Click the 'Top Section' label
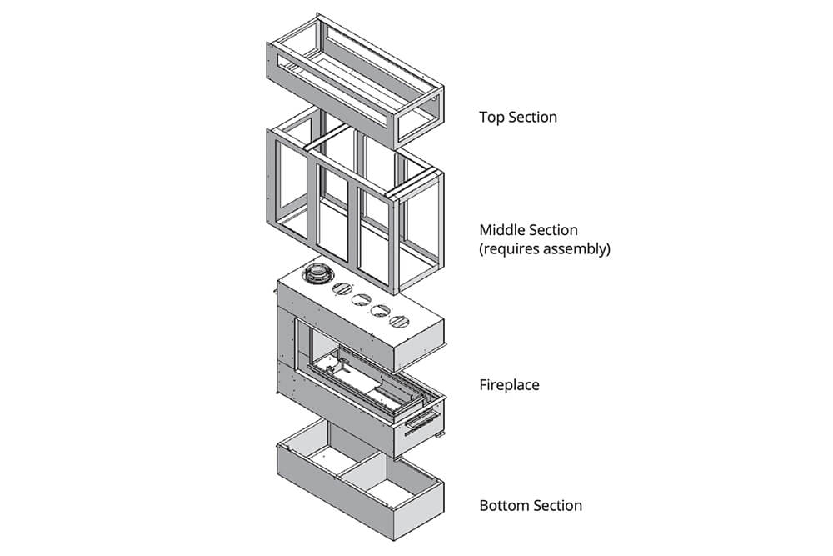[x=517, y=117]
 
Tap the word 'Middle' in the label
[x=503, y=229]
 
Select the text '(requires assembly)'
[x=544, y=248]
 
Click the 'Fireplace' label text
[x=509, y=385]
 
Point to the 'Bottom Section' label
[x=531, y=505]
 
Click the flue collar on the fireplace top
[x=318, y=274]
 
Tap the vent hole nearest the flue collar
[x=342, y=289]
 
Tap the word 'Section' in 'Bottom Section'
[x=556, y=505]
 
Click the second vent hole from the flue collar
[x=362, y=300]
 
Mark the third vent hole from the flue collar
[x=381, y=310]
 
